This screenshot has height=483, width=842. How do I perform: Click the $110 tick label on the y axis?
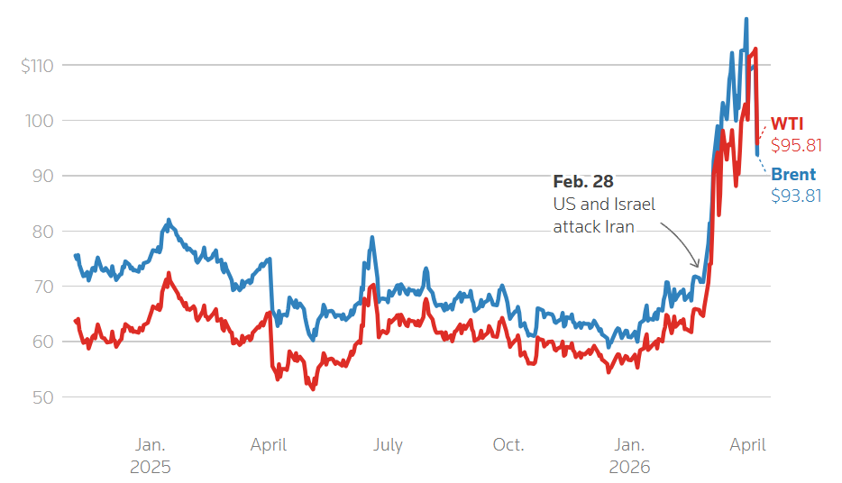pos(38,65)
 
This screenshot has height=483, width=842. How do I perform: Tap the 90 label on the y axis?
pos(42,176)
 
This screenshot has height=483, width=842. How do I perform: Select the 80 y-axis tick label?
pos(42,232)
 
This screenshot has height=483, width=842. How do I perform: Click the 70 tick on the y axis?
pos(42,287)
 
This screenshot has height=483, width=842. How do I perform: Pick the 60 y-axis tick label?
pos(42,342)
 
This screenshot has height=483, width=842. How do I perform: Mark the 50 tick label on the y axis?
pos(42,397)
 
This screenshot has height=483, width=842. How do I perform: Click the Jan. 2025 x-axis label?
pos(151,455)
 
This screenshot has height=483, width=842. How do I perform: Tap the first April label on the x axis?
pos(269,444)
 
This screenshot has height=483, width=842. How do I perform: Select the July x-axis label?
pos(388,444)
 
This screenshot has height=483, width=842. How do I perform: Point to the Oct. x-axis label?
pos(508,444)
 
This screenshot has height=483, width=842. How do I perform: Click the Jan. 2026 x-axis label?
pos(629,455)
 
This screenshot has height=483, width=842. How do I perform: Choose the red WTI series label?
pos(787,124)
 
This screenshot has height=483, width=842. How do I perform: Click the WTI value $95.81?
pos(796,145)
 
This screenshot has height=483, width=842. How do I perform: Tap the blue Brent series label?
pos(793,175)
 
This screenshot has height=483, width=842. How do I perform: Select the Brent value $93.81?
pos(796,195)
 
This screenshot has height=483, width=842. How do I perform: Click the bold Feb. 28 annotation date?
pos(583,182)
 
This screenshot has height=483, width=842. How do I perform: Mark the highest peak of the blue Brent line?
pos(746,18)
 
